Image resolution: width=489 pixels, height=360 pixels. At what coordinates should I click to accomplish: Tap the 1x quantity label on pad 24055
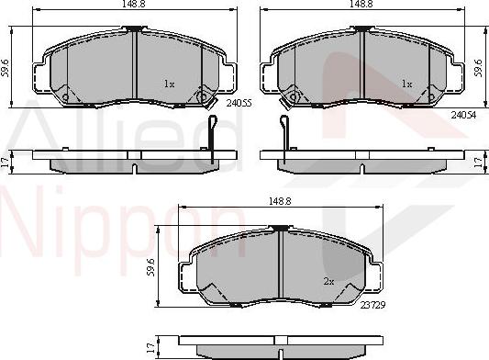coord(169,84)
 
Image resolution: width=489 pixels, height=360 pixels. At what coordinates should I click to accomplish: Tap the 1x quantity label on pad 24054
coord(406,84)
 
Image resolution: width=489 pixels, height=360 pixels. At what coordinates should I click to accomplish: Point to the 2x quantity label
coord(328,281)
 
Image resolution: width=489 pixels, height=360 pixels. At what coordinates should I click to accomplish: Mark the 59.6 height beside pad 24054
coord(478,66)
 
